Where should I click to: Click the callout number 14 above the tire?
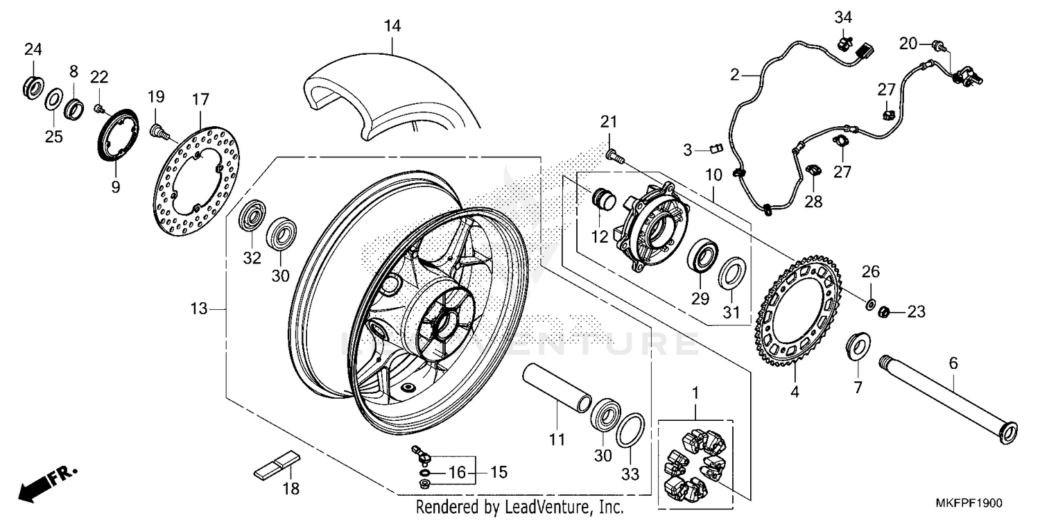click(x=392, y=26)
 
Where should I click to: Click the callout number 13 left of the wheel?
click(x=199, y=309)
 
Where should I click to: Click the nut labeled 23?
click(x=885, y=313)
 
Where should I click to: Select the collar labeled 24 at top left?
click(x=32, y=85)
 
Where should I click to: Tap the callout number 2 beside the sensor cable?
click(x=734, y=74)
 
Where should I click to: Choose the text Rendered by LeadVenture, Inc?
click(x=520, y=507)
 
